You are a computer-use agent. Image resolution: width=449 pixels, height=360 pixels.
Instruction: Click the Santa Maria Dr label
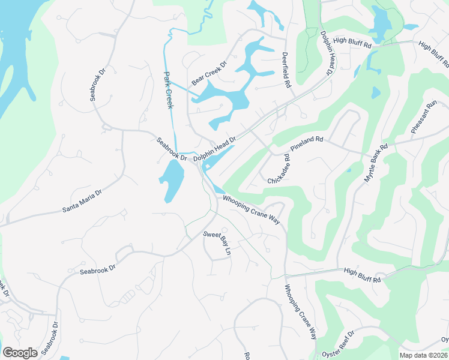click(x=82, y=202)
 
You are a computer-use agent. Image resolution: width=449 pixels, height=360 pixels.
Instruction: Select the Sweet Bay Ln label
click(x=217, y=243)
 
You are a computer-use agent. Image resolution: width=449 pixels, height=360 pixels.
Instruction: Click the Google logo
click(x=20, y=352)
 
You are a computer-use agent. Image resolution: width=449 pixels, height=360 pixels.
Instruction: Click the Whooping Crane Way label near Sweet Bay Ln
click(x=252, y=209)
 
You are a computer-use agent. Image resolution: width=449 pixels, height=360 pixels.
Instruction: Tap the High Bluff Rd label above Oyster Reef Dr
click(x=363, y=275)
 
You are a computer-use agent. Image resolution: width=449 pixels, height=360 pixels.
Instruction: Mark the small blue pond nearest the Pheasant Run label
click(x=376, y=92)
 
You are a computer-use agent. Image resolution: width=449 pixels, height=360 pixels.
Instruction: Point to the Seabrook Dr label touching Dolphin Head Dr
click(x=172, y=149)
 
